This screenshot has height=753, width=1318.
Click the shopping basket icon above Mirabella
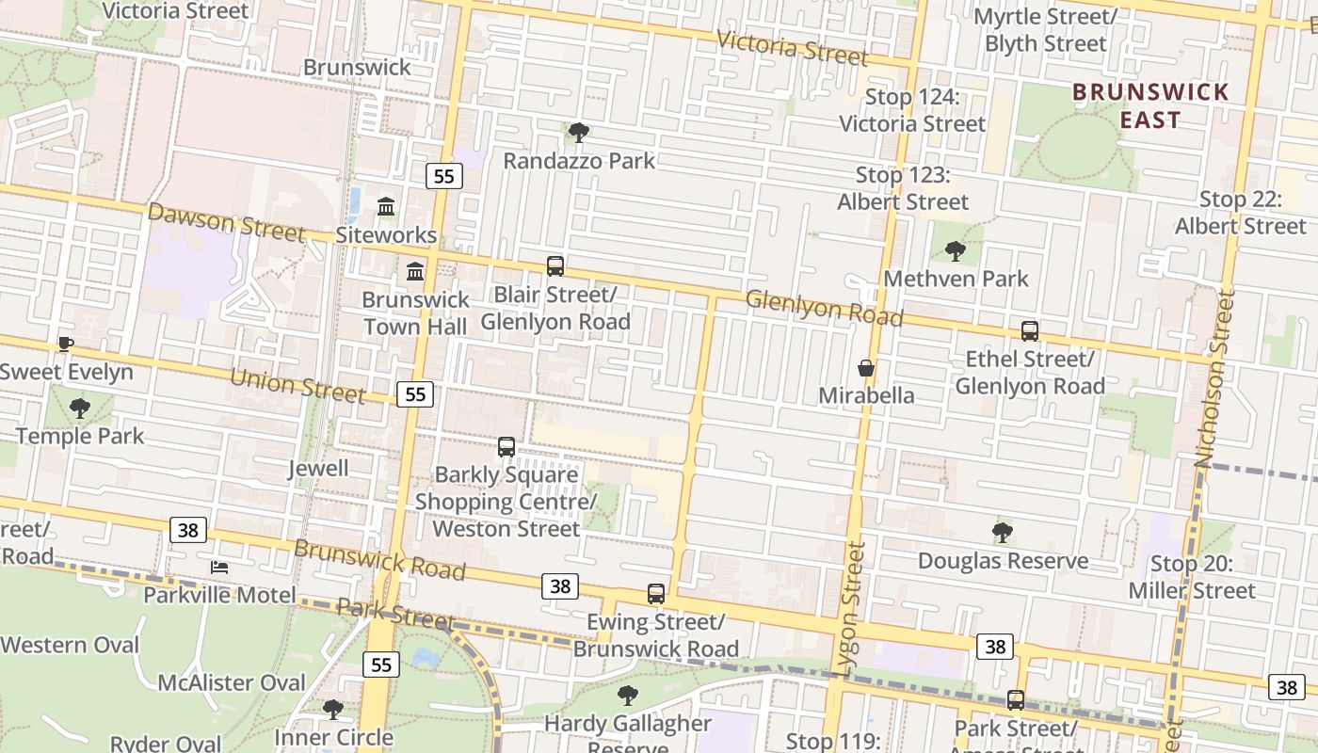(x=865, y=368)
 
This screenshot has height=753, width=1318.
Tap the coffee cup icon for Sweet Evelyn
(x=65, y=344)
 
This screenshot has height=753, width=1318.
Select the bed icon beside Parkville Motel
(x=219, y=567)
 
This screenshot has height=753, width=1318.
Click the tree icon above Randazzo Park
(x=579, y=133)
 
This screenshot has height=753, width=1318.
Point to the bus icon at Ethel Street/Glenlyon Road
(x=1030, y=331)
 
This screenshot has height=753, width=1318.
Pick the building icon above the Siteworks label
(x=386, y=206)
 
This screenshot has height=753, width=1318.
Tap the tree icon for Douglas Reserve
(x=1003, y=533)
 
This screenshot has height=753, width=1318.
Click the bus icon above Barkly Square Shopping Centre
(x=506, y=447)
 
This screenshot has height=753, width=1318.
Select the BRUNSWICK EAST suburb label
(x=1150, y=105)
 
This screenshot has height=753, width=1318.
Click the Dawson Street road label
(x=226, y=222)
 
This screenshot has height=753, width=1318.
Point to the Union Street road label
(x=297, y=384)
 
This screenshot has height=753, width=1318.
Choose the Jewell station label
(x=318, y=468)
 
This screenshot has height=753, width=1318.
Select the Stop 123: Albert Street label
(x=902, y=188)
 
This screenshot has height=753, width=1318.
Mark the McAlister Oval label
(x=232, y=682)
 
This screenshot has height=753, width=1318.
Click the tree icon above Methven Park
(x=956, y=250)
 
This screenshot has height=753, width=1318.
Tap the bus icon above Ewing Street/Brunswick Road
(x=656, y=594)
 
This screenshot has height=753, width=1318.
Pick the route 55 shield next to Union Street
(x=415, y=394)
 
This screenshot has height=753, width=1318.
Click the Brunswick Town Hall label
(x=415, y=313)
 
